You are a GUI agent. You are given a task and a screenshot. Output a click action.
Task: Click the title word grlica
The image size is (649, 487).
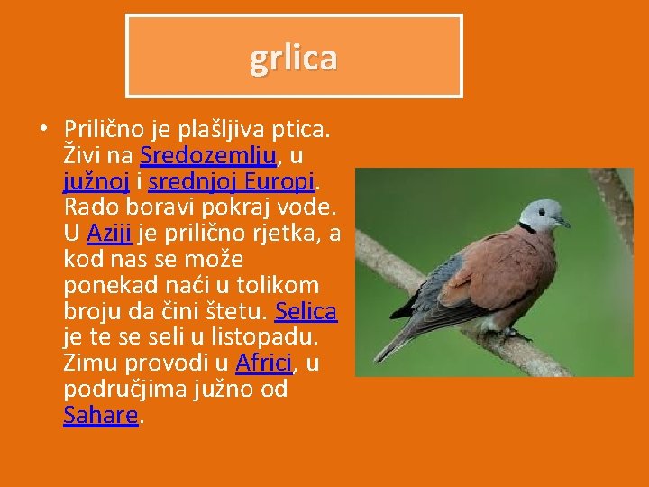point(294,58)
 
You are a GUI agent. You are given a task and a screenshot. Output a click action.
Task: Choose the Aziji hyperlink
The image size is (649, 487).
point(110,233)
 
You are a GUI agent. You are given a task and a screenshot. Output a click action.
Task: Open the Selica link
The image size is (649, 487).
point(306,311)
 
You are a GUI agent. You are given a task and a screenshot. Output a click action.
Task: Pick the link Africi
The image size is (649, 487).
point(263,363)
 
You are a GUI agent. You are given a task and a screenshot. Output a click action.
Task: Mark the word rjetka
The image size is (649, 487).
point(287,233)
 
